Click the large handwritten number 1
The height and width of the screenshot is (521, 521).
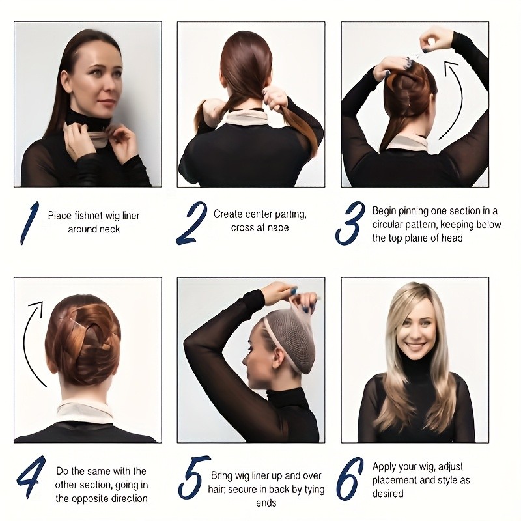[29, 223]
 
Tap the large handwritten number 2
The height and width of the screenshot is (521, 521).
[191, 223]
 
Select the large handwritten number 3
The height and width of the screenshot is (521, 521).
[350, 223]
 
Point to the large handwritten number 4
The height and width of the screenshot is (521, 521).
[31, 477]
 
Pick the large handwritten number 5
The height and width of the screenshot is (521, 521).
[193, 477]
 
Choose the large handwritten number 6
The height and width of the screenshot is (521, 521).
[350, 478]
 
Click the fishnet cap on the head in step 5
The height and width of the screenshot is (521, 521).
[293, 335]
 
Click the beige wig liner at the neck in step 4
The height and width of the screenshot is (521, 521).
[85, 413]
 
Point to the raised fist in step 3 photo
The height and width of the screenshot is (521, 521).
[432, 39]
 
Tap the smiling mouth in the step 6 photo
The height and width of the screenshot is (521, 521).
[415, 346]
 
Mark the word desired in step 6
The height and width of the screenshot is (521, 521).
[387, 494]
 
